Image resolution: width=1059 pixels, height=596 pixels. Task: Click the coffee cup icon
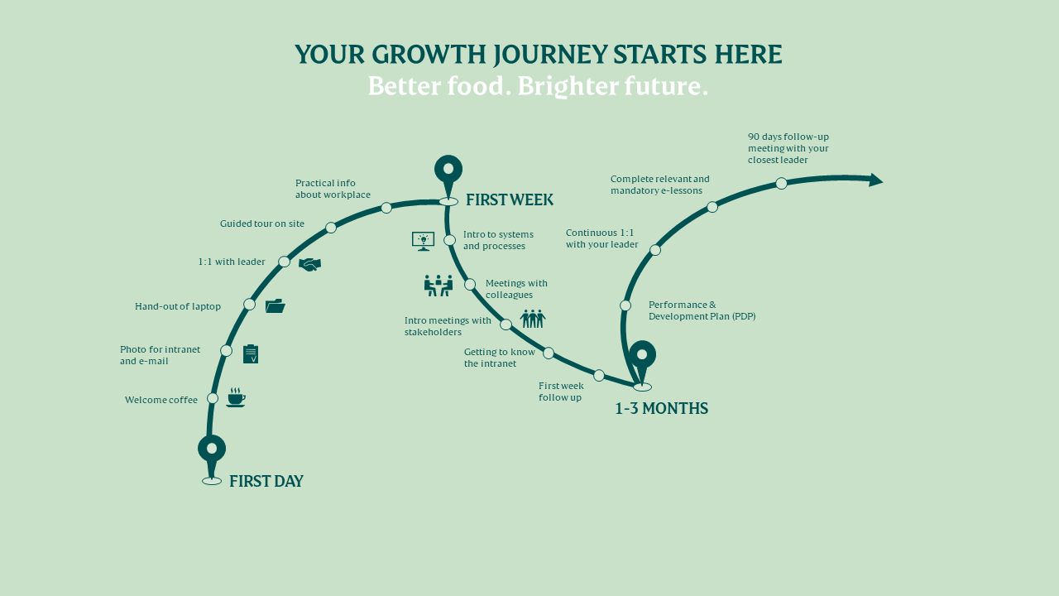point(236,397)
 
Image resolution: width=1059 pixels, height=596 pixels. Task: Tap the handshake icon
point(309,264)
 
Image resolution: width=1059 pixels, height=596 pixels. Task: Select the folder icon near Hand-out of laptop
point(276,306)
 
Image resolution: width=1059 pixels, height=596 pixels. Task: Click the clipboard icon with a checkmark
point(251,353)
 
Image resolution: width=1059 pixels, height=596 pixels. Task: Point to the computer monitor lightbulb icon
point(423,241)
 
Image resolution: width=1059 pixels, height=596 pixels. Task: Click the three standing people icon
point(533,319)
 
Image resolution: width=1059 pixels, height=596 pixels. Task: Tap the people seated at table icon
point(438,286)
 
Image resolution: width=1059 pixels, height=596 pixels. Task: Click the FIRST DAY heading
point(266,482)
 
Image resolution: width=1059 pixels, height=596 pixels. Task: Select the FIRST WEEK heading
point(509,200)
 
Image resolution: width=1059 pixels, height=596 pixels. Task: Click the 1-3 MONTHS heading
point(661,409)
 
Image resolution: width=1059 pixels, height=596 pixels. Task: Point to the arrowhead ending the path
point(876,180)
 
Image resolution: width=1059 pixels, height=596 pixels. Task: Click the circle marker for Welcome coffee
point(213,398)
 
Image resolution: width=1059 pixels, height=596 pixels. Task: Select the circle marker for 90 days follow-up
point(782,184)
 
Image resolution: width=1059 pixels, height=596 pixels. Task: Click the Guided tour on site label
point(262,223)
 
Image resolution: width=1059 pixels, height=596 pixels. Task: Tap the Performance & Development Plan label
point(702,310)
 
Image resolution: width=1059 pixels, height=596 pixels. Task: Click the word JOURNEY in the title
point(550,55)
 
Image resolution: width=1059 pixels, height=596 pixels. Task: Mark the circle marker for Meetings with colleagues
point(470,284)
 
